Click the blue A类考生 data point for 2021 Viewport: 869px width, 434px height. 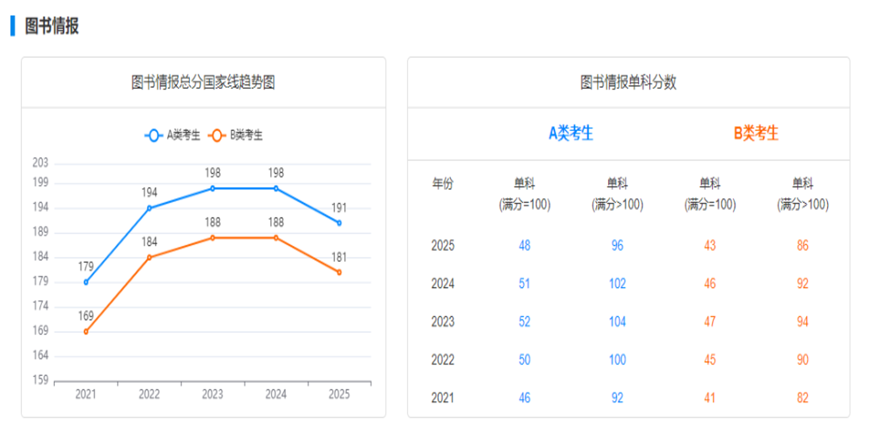click(x=86, y=282)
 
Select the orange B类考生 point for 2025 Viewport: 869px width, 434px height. click(x=339, y=272)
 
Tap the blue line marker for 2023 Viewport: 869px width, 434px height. click(x=213, y=188)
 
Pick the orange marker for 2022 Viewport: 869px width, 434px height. click(x=149, y=258)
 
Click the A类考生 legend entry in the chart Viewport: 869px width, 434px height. click(x=173, y=135)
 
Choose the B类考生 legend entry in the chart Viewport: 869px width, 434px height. click(x=236, y=135)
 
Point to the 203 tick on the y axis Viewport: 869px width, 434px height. click(x=41, y=163)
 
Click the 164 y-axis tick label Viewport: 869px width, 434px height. click(x=41, y=355)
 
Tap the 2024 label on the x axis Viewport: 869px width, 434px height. click(x=276, y=394)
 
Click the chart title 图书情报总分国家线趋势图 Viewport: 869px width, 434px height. click(x=203, y=82)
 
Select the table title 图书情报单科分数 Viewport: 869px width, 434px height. click(x=628, y=82)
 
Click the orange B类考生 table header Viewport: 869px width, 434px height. click(x=756, y=133)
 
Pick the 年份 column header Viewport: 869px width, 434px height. click(x=443, y=184)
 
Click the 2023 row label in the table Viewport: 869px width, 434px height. click(x=443, y=321)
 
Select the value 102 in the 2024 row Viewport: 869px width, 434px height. click(x=617, y=284)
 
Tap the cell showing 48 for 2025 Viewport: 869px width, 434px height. click(x=524, y=246)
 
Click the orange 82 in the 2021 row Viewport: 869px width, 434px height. click(x=802, y=398)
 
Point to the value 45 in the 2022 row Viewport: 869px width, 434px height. click(x=710, y=360)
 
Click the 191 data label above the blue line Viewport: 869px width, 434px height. click(x=339, y=208)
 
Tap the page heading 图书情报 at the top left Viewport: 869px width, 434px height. click(x=52, y=26)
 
